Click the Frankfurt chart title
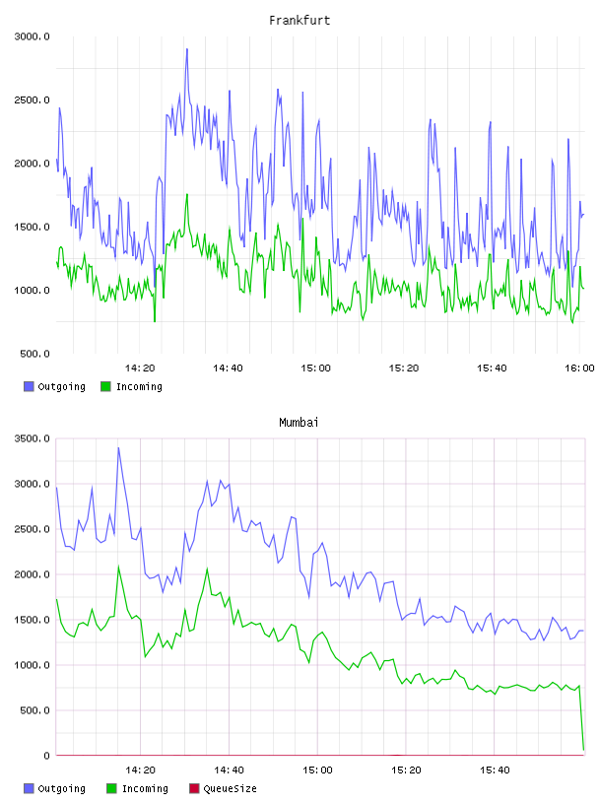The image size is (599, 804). pos(299,21)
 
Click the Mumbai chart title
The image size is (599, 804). pos(299,423)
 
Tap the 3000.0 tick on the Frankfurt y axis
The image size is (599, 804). pos(32,36)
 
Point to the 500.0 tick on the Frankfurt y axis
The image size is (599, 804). pos(34,354)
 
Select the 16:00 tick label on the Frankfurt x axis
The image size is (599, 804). pos(579,368)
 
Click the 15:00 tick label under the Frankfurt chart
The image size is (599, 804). pos(315,368)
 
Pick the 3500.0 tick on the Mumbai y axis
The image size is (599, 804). pos(32,438)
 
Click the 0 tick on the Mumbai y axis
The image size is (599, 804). pos(46,756)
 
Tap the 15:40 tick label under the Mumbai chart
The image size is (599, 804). pos(495,770)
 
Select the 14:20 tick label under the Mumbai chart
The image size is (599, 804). pos(140,770)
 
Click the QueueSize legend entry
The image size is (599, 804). pos(223,788)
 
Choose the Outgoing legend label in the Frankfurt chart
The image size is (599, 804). pos(61,386)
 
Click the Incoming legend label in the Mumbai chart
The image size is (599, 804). pos(145,788)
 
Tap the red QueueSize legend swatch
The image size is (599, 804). pos(194,788)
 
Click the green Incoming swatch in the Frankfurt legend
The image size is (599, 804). pos(105,386)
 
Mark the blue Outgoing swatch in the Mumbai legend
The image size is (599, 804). pos(29,788)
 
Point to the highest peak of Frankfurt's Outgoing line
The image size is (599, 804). pos(187,49)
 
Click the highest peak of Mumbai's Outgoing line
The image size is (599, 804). pos(118,447)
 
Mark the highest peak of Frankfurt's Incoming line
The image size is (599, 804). pos(187,194)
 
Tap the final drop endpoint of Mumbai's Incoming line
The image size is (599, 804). pos(583,750)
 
